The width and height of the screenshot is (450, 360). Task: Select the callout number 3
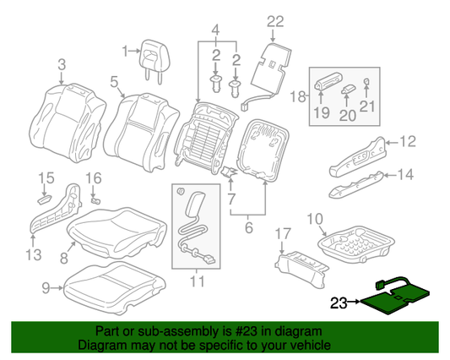[x=61, y=64]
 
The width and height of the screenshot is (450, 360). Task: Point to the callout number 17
[x=283, y=232]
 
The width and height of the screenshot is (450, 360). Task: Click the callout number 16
[x=93, y=178]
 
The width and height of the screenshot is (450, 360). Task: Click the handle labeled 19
[x=327, y=83]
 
